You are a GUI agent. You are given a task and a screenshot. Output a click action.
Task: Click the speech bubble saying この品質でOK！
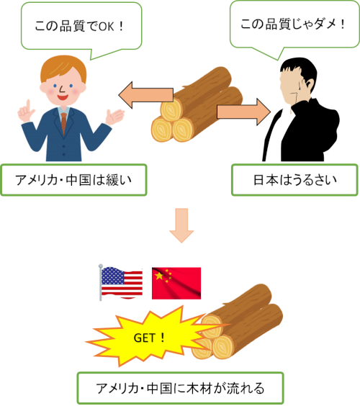coord(81,26)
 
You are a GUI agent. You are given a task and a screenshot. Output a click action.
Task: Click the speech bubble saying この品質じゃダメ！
coord(294,25)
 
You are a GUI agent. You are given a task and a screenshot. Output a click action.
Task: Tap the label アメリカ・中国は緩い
coord(73,180)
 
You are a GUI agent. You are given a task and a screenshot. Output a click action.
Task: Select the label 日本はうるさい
coord(294,180)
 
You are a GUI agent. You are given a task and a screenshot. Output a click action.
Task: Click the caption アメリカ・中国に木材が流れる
coord(180,388)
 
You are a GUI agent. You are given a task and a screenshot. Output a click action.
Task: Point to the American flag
coord(121,282)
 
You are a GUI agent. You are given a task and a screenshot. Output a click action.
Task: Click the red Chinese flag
coord(176,284)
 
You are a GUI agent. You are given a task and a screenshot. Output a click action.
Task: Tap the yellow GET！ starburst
coord(153,337)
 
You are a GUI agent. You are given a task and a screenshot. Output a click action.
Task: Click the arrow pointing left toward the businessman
coord(146,95)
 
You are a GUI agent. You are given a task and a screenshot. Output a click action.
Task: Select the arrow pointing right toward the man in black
coord(243,112)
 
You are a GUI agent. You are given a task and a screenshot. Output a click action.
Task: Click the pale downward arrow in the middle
coord(181,225)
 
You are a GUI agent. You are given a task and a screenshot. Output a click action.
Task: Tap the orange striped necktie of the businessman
coord(63,123)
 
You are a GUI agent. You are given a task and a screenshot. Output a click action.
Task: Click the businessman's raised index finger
coord(28,105)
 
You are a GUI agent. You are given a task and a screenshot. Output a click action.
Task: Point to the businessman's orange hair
coord(63,68)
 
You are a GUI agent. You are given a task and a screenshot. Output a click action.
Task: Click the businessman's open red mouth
coord(63,98)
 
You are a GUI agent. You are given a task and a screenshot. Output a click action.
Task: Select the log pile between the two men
coord(197,104)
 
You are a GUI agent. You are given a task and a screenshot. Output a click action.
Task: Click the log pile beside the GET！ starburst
coord(237,322)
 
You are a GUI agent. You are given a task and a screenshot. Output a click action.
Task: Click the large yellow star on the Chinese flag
coord(159,276)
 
